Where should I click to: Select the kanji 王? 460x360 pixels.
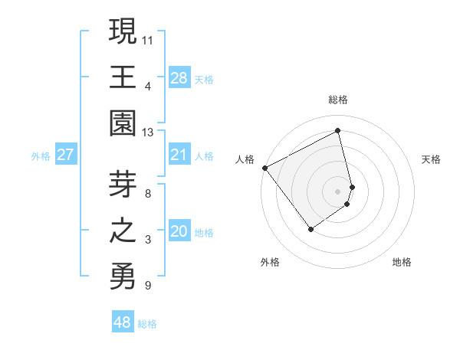121,77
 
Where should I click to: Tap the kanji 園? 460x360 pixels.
121,123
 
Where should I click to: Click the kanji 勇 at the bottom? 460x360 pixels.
121,276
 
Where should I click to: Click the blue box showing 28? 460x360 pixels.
179,78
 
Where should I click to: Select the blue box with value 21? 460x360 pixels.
179,155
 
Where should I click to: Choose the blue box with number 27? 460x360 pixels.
65,155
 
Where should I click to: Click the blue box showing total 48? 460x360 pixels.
122,322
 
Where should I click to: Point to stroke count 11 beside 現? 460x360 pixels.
148,38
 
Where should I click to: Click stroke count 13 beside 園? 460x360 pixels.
148,132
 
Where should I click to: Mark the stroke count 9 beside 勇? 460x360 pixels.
148,286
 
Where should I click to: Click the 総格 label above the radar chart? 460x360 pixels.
338,100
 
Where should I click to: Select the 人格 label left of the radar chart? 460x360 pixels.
245,159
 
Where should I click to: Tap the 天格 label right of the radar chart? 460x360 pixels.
432,159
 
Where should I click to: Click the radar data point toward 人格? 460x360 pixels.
264,167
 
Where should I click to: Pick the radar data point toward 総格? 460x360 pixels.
338,131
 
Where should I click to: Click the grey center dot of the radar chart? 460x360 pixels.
338,191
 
